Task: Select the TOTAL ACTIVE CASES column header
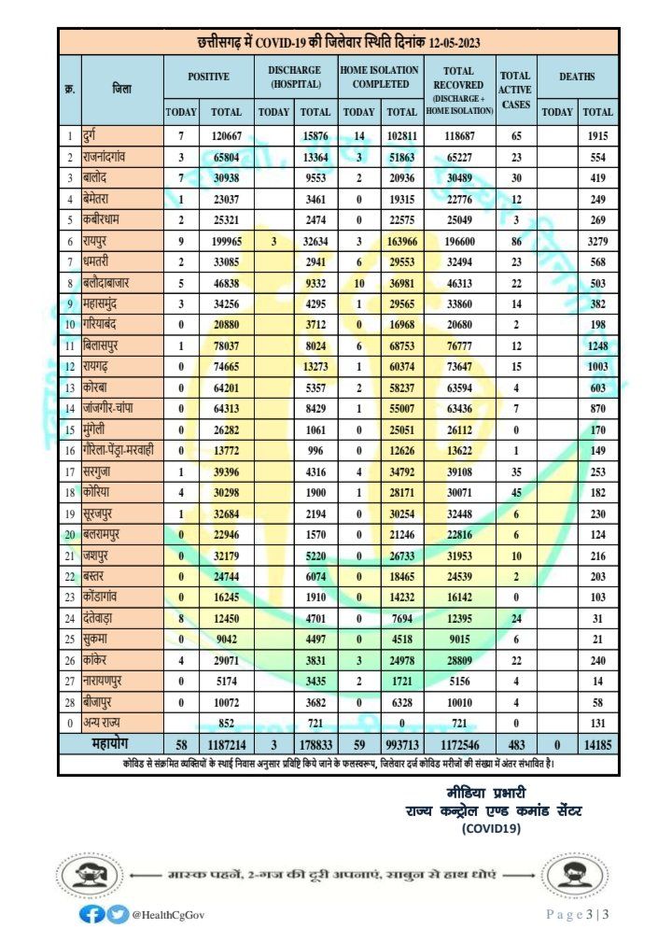tap(515, 90)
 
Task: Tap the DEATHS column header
tap(577, 77)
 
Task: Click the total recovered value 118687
tap(459, 137)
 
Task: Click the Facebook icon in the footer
tap(91, 914)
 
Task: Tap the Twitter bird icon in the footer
tap(116, 914)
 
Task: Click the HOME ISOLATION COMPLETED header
tap(380, 77)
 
